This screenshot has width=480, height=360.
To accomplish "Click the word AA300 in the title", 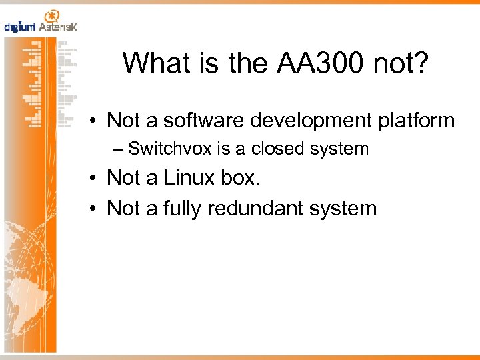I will [x=311, y=63].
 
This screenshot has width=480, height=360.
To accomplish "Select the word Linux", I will [x=192, y=179].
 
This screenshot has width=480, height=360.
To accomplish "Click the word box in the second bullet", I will [x=243, y=179].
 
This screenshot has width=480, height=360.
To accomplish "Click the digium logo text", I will [x=19, y=27].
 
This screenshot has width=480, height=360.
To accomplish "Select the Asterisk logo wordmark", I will [x=58, y=27].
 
